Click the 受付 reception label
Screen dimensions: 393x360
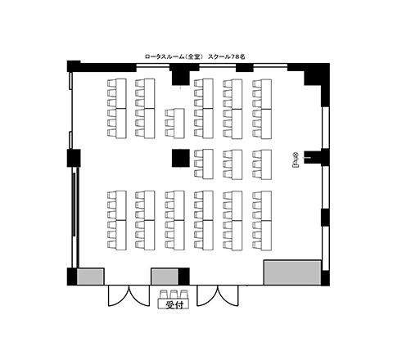(174, 305)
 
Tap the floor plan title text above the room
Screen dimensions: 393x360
(195, 56)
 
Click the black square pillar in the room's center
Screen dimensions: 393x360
(181, 158)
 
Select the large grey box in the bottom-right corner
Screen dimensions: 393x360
(292, 272)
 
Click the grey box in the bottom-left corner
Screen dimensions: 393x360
(90, 277)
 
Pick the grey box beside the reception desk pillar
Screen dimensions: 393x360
(165, 277)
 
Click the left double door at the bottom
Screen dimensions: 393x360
(129, 295)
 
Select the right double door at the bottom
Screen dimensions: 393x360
(218, 295)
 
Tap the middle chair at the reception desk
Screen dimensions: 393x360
(174, 295)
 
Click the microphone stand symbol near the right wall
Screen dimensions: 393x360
(296, 160)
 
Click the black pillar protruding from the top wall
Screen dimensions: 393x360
(180, 74)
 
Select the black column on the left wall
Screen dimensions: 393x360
(74, 158)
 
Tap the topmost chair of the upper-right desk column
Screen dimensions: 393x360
(256, 83)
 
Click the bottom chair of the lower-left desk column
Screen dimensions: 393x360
(111, 245)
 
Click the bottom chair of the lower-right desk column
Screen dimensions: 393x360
(256, 245)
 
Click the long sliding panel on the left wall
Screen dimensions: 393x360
(74, 205)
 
